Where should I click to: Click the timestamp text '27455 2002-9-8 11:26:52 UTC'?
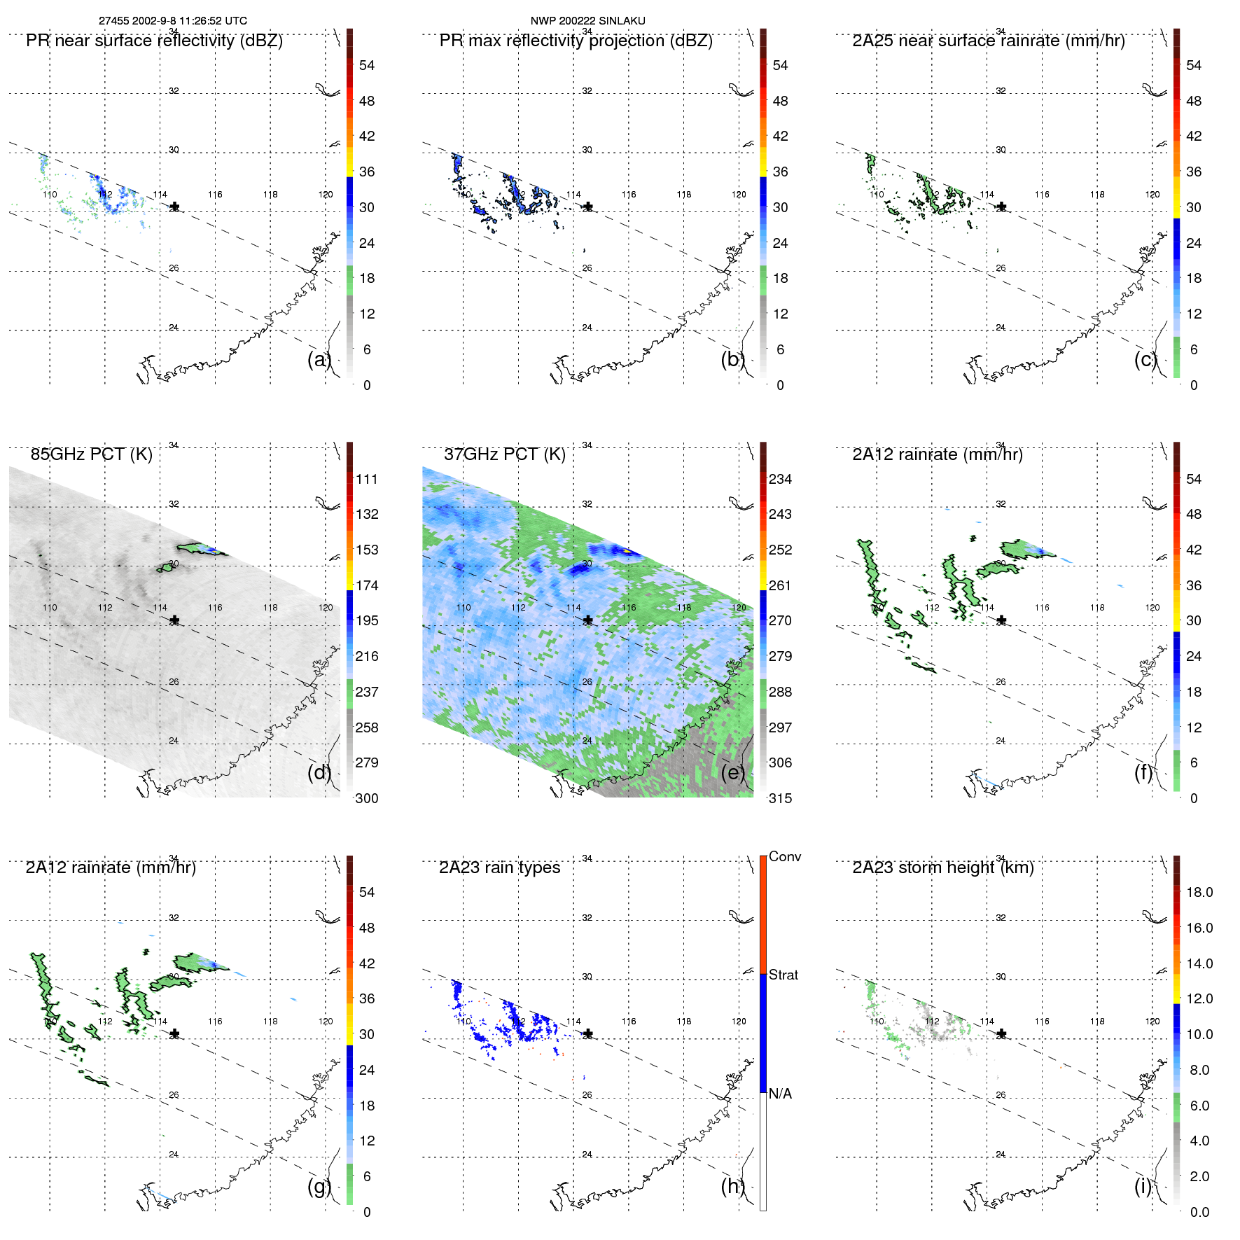tap(173, 21)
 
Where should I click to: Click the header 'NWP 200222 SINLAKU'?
tap(587, 21)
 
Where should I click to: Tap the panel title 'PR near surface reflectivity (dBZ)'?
tap(154, 41)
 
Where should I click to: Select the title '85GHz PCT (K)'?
tap(91, 454)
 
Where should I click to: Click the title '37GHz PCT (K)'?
tap(504, 454)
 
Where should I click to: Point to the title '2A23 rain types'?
tap(499, 868)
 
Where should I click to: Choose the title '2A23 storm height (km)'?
tap(942, 868)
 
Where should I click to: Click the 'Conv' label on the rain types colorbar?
tap(784, 857)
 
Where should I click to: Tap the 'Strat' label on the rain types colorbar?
tap(783, 975)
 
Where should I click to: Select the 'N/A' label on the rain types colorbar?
tap(780, 1094)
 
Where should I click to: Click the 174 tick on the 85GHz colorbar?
tap(367, 585)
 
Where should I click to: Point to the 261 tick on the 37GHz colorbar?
tap(780, 585)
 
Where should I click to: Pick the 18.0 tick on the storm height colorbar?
tap(1199, 892)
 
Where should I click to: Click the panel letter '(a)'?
tap(319, 359)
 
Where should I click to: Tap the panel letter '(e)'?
tap(732, 772)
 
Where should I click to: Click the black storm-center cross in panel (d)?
tap(174, 620)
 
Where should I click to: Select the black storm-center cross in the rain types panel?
tap(588, 1033)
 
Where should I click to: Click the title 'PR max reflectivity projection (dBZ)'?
tap(576, 41)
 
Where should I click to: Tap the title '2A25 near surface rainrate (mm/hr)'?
tap(988, 41)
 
